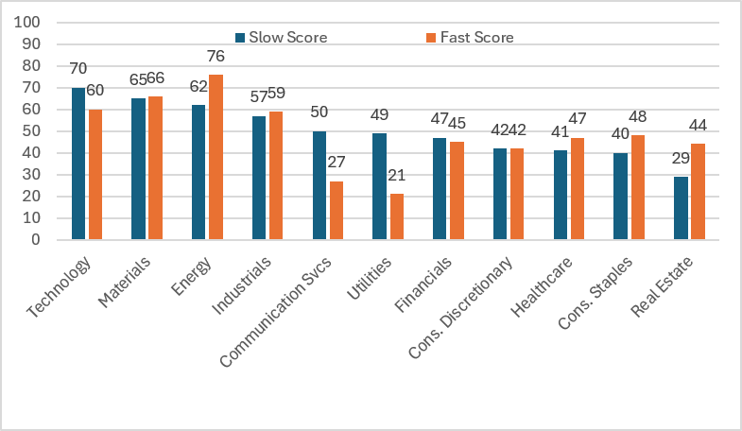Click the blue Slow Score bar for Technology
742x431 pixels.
[x=78, y=164]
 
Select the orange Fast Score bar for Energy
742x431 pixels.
[x=216, y=157]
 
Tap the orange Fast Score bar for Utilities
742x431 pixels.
[x=397, y=216]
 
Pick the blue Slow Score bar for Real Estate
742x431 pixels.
[x=681, y=208]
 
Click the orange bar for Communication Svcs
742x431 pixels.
[x=336, y=211]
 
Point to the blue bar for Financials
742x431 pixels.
[x=440, y=189]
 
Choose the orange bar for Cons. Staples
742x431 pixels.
[x=638, y=187]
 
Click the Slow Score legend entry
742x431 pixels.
[x=282, y=38]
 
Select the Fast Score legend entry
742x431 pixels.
[x=470, y=38]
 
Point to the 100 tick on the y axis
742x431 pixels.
[x=27, y=23]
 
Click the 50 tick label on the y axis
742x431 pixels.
[x=32, y=131]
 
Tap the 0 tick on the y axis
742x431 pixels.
[x=36, y=240]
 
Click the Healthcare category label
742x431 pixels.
[x=542, y=286]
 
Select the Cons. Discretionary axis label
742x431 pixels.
[x=460, y=307]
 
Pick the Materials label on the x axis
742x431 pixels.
[x=124, y=282]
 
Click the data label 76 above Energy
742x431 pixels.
[x=216, y=57]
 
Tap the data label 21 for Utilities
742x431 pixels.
[x=397, y=176]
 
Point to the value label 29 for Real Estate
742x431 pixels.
[x=681, y=159]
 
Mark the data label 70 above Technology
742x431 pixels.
[x=78, y=69]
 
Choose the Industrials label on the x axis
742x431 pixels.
[x=241, y=285]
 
